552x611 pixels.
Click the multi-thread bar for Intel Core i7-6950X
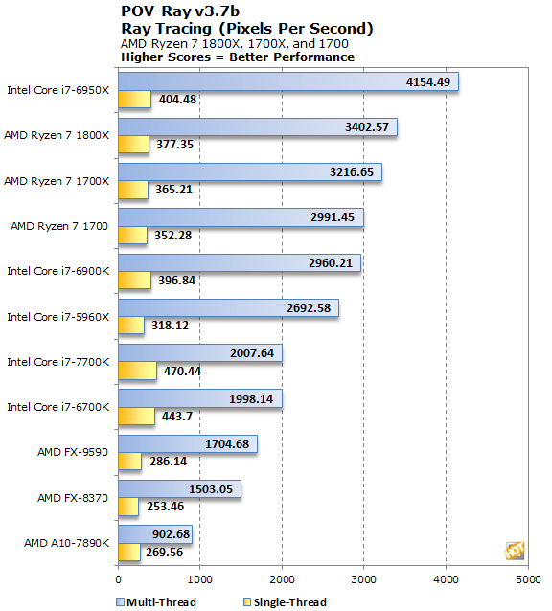[x=288, y=81]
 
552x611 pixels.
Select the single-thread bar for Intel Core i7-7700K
[x=138, y=371]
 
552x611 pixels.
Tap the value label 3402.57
[x=367, y=127]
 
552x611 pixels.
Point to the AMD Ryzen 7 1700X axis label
[x=57, y=181]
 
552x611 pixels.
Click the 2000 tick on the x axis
[x=282, y=579]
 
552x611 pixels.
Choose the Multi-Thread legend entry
[x=156, y=602]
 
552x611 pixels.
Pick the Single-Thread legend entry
[x=285, y=602]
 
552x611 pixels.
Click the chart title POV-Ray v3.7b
[x=180, y=11]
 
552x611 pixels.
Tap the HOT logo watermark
[x=515, y=551]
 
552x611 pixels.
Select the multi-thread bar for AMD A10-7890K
[x=155, y=533]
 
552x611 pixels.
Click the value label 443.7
[x=177, y=417]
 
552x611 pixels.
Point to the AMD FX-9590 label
[x=73, y=452]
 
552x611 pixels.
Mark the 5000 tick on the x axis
[x=528, y=579]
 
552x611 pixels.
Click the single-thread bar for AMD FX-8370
[x=128, y=507]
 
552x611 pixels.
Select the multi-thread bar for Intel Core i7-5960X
[x=228, y=307]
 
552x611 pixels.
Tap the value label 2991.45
[x=333, y=217]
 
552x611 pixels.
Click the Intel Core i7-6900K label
[x=58, y=271]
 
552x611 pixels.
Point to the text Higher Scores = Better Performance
[x=238, y=57]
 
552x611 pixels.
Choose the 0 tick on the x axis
[x=119, y=579]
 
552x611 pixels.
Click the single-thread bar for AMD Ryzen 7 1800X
[x=134, y=145]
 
